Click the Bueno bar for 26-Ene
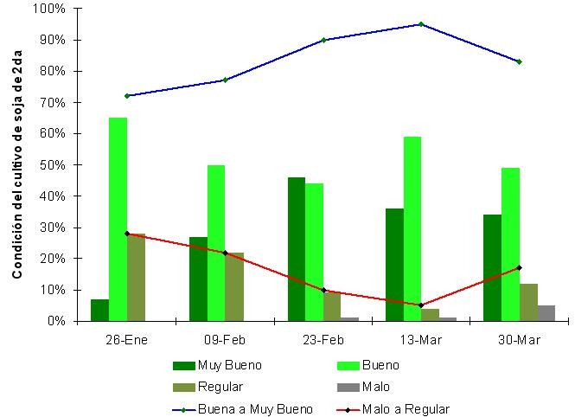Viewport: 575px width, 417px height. click(x=118, y=219)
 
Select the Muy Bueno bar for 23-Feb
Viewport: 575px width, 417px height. click(x=296, y=249)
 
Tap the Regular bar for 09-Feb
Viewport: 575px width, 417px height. click(x=234, y=286)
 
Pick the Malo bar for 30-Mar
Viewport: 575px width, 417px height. click(x=546, y=313)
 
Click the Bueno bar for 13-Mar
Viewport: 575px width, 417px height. click(x=412, y=228)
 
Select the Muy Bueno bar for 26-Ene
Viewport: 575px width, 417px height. click(x=100, y=310)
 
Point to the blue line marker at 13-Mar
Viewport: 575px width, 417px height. click(x=421, y=24)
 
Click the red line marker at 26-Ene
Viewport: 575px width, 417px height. click(x=127, y=234)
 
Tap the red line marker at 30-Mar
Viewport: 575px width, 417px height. click(x=519, y=267)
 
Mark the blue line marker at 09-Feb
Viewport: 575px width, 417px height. click(x=225, y=80)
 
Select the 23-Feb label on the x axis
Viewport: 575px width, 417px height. click(x=323, y=340)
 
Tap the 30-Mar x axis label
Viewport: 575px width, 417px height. click(x=519, y=340)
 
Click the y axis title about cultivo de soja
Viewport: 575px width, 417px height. click(x=16, y=164)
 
